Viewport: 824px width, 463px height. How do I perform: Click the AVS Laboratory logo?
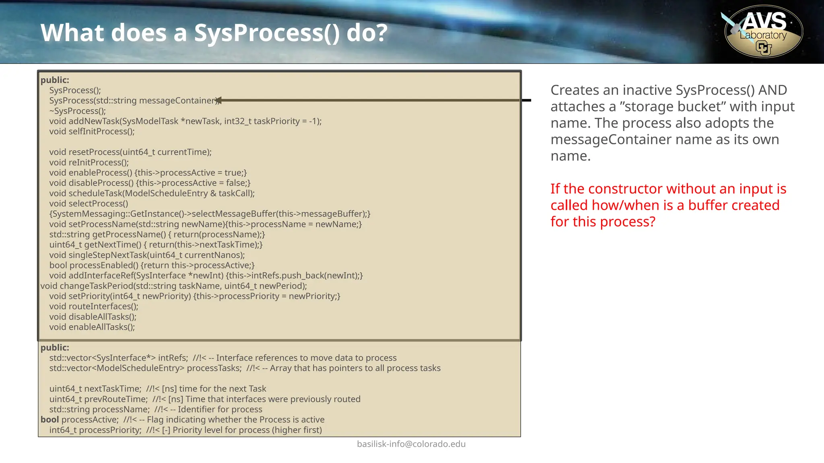[x=763, y=31]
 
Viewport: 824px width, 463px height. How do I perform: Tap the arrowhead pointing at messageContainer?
[x=219, y=100]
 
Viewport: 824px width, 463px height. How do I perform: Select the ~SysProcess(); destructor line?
[x=78, y=111]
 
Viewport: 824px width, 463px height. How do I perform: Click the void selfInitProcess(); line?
[x=92, y=131]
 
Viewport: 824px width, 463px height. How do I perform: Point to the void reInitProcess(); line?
[x=89, y=162]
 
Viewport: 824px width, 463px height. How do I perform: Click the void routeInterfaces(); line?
[x=94, y=306]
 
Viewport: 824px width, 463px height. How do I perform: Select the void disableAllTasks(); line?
[x=93, y=317]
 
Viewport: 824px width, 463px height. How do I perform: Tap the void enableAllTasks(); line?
[x=92, y=327]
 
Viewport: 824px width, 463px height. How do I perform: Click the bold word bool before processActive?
[x=49, y=420]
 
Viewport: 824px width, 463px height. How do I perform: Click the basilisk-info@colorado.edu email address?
[x=411, y=444]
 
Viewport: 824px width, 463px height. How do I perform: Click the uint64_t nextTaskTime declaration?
[x=95, y=389]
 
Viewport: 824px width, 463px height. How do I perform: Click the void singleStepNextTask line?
[x=147, y=255]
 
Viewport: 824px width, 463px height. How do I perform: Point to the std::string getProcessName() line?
[x=157, y=234]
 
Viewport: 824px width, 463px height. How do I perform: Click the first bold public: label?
[x=55, y=80]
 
